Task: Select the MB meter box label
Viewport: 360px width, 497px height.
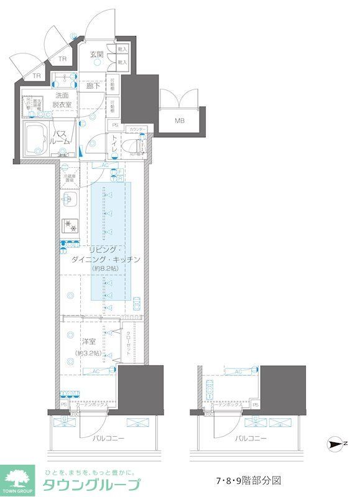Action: click(179, 121)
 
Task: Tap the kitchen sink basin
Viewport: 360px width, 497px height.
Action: click(69, 201)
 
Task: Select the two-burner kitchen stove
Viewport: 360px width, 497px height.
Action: click(69, 226)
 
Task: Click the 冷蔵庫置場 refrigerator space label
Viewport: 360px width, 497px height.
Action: click(69, 178)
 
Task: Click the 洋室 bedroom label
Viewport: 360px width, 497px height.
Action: click(89, 342)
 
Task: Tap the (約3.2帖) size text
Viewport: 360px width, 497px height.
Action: click(89, 353)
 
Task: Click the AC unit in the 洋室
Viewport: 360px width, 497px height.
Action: click(96, 371)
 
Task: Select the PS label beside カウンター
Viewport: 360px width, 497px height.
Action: click(115, 124)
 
